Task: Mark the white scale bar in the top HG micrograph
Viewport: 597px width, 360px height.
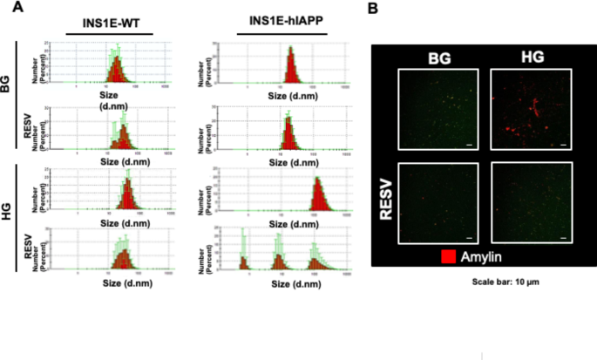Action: pyautogui.click(x=562, y=146)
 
